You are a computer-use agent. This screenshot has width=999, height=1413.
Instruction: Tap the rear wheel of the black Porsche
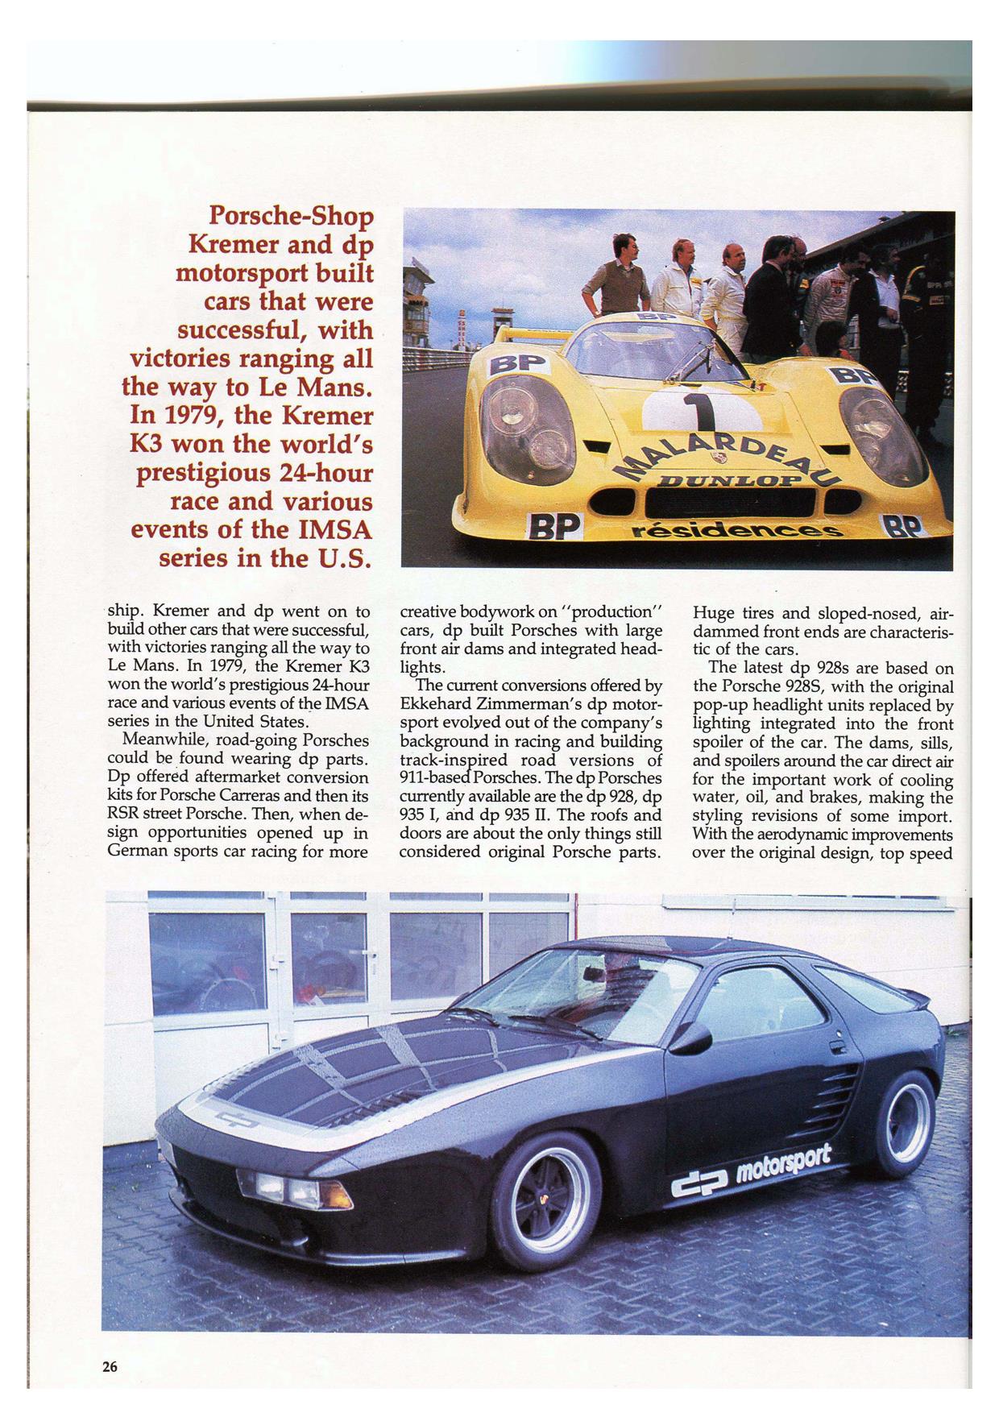pos(905,1127)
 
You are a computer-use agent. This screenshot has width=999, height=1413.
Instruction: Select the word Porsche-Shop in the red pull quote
pos(292,217)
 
